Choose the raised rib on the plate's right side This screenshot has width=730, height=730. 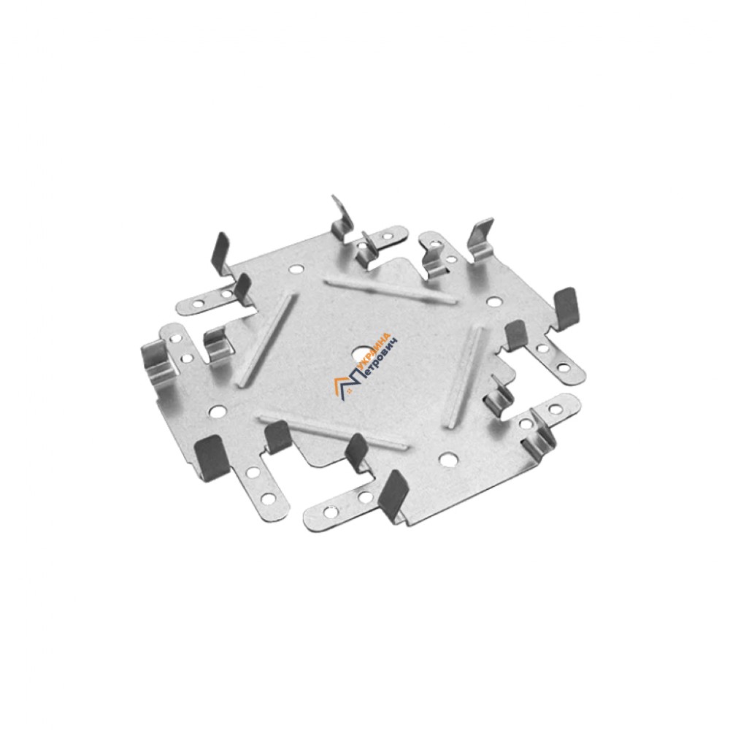pos(465,373)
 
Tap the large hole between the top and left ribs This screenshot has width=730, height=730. pos(296,269)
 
